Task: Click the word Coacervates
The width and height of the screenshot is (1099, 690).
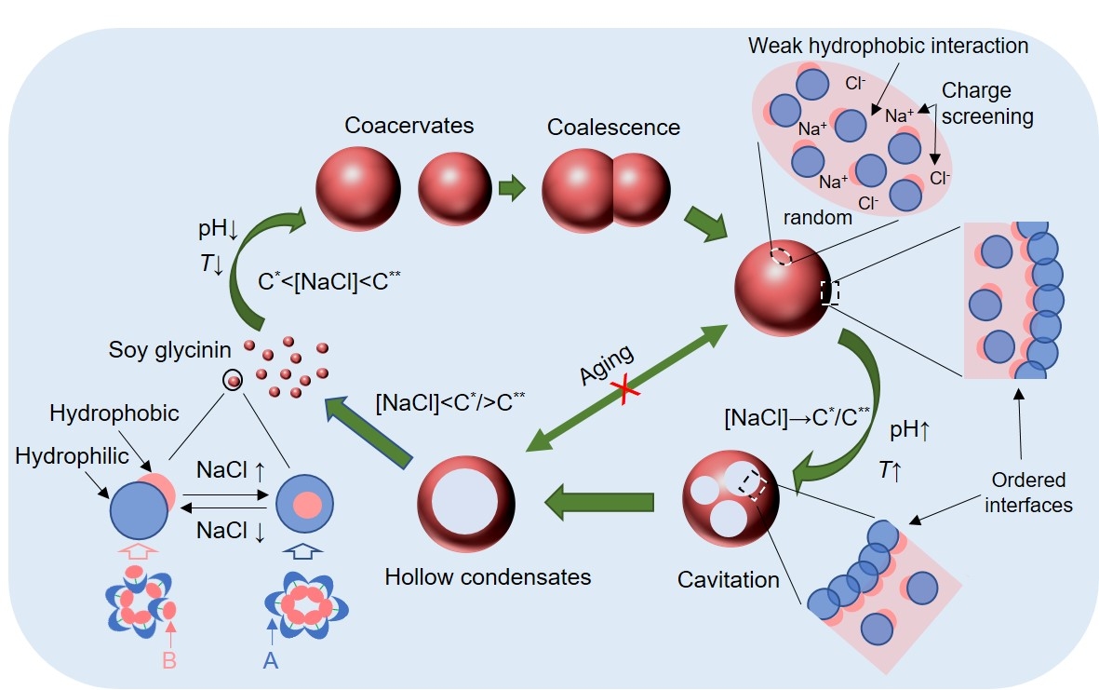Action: pos(395,125)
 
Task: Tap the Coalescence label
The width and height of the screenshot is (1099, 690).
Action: pos(613,126)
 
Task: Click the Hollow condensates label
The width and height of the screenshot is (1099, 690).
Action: pos(488,576)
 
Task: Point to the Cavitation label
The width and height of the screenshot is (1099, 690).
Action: pos(729,579)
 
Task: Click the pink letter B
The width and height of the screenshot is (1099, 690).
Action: pos(169,659)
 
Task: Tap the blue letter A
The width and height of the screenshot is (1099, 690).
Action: pos(271,659)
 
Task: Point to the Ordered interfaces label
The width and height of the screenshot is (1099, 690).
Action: pos(1028,493)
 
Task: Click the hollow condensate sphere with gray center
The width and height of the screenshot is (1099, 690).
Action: pos(465,507)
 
